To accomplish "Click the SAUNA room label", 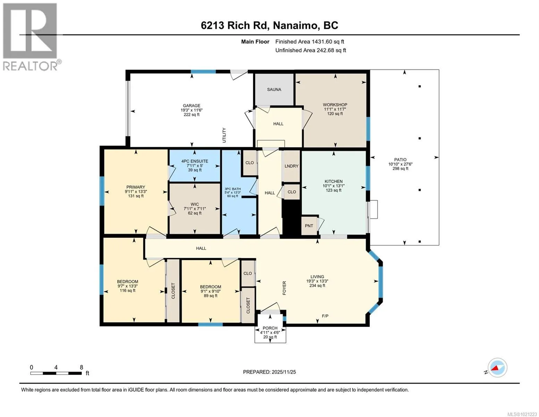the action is coord(274,89).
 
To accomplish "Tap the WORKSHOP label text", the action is coord(335,105).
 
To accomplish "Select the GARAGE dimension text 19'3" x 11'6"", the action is coord(192,110).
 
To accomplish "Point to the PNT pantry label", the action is coord(309,226).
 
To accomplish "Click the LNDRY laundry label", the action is coord(292,166).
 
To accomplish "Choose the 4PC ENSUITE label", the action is coord(195,161).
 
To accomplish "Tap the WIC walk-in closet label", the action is coord(195,204).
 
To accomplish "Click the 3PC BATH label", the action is coord(233,189).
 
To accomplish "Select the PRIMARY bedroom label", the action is coord(136,187).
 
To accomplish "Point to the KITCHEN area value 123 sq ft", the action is coord(334,190).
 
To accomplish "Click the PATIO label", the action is coord(400,160).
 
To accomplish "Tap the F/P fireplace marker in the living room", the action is coord(325,316).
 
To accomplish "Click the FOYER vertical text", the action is coord(284,288).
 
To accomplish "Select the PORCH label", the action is coord(270,328).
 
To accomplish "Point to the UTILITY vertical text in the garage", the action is coord(224,135).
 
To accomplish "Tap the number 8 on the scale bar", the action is coord(81,367).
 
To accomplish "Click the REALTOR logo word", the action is coord(30,66).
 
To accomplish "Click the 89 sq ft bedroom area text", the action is coord(211,296).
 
